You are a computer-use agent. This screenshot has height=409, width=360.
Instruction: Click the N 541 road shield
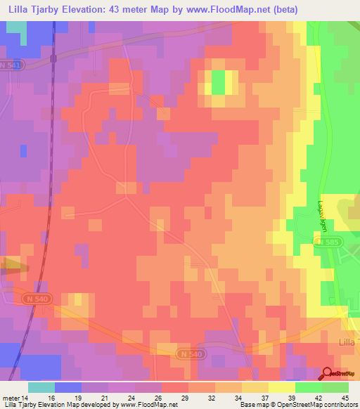click(11, 65)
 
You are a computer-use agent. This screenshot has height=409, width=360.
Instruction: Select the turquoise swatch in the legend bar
click(41, 387)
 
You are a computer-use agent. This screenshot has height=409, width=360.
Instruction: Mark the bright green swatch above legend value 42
click(308, 387)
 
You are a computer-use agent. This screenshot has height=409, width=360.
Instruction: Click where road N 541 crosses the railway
click(53, 59)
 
